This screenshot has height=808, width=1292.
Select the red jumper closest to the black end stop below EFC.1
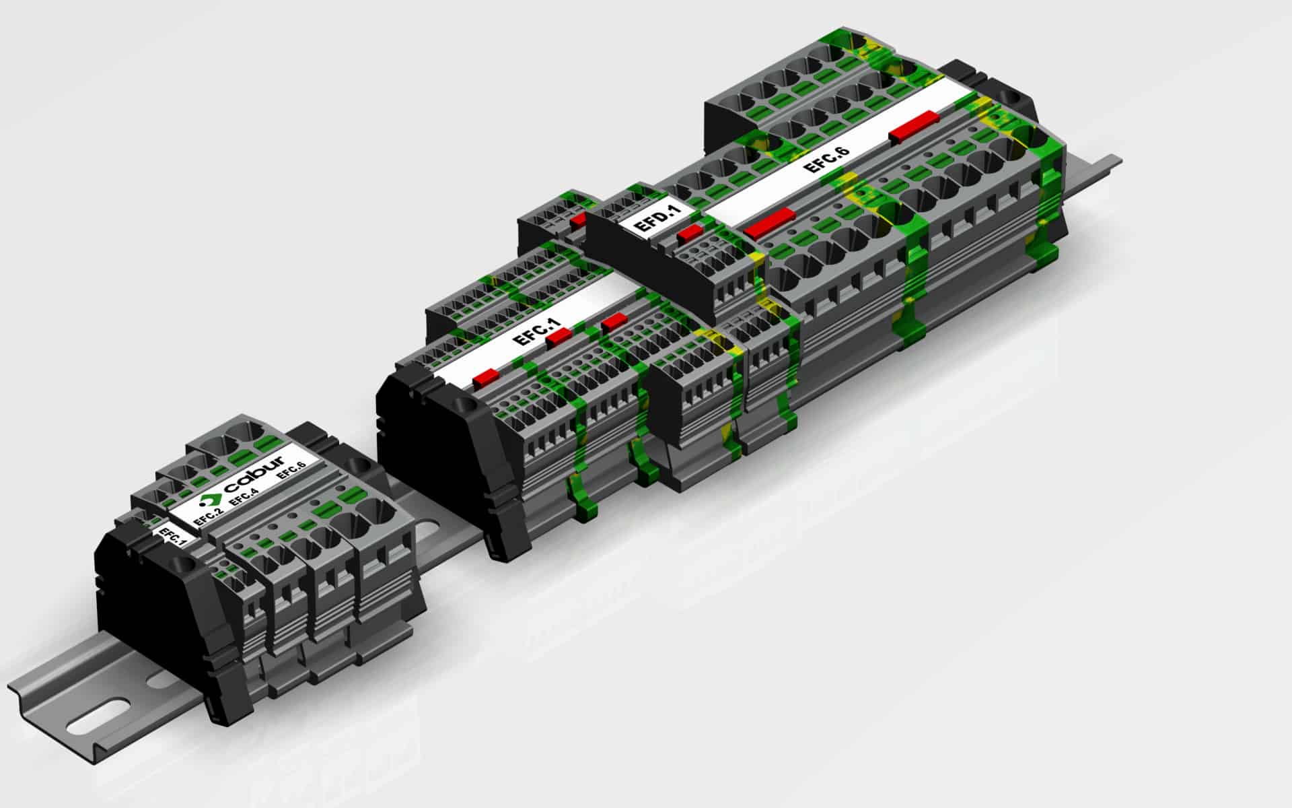coord(485,378)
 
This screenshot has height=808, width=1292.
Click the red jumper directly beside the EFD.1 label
coord(690,233)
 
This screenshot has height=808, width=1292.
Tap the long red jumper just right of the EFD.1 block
coord(769,223)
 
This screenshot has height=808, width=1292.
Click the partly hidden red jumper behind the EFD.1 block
coord(578,220)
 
